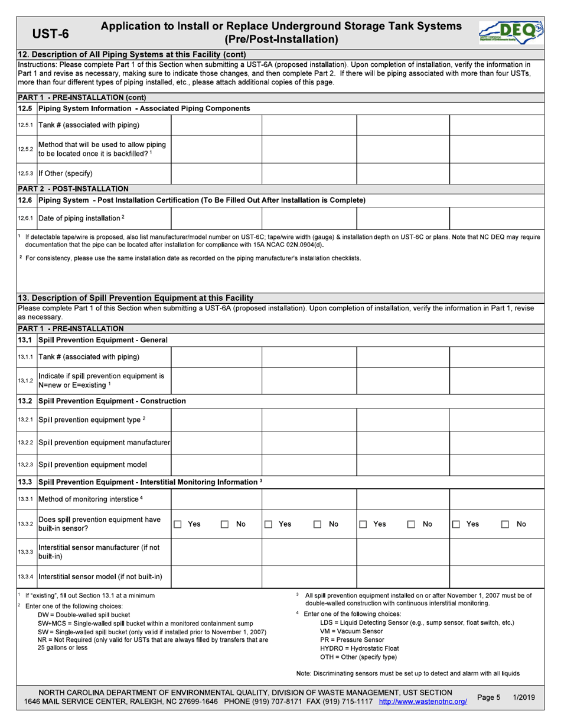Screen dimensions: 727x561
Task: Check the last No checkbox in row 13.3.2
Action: pos(505,524)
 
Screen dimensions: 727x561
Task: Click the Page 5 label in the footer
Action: pos(488,697)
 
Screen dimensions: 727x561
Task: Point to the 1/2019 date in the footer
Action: pos(524,697)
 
